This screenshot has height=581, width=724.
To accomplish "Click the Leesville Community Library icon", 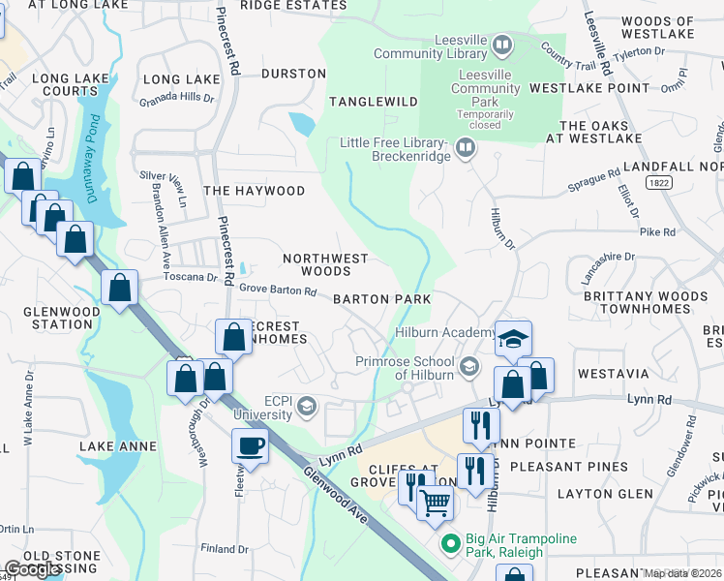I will pos(501,45).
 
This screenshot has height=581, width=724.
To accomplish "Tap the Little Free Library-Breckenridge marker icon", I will pos(466,148).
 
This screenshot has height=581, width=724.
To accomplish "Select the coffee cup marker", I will pos(250,446).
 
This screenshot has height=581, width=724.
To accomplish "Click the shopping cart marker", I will pos(436,502).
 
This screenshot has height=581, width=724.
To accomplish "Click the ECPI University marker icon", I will pos(308,405).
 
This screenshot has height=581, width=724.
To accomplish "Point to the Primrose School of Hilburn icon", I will pos(469,365).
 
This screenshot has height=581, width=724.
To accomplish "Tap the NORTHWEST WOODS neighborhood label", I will pos(325,264).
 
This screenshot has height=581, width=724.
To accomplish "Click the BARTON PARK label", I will pos(382,299).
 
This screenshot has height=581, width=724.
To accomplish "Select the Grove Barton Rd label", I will pos(278,290).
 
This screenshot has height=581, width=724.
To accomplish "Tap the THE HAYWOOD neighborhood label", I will pos(254,191).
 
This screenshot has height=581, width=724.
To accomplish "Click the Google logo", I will pos(34,569).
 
